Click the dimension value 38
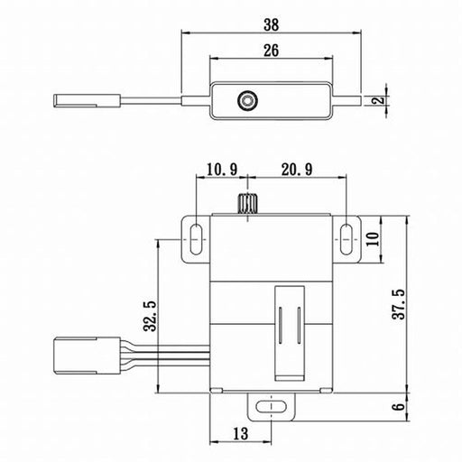pyautogui.click(x=272, y=24)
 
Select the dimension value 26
pyautogui.click(x=272, y=51)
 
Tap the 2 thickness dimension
pyautogui.click(x=381, y=99)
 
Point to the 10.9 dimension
pyautogui.click(x=222, y=170)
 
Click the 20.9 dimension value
pyautogui.click(x=297, y=170)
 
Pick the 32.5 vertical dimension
pyautogui.click(x=150, y=316)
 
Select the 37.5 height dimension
pyautogui.click(x=399, y=304)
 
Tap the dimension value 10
pyautogui.click(x=374, y=239)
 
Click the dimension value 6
pyautogui.click(x=399, y=407)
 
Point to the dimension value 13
pyautogui.click(x=241, y=433)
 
